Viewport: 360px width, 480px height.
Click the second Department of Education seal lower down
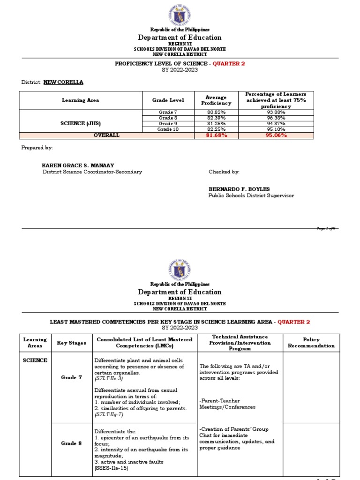coord(180,268)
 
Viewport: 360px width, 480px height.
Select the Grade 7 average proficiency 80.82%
coord(216,112)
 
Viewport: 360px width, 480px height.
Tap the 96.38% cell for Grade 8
coord(276,118)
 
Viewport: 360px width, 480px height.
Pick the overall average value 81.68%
coord(216,135)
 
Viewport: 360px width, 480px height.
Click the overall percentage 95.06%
coord(276,135)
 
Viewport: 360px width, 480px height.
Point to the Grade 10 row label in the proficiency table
coord(168,129)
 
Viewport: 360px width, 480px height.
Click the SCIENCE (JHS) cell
coord(80,123)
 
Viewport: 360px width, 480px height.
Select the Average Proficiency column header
coord(216,100)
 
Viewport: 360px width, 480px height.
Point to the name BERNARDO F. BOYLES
coord(239,189)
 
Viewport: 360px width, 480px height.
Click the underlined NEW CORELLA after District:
coord(63,82)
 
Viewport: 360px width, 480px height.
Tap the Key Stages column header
coord(71,343)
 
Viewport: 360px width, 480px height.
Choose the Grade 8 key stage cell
coord(71,443)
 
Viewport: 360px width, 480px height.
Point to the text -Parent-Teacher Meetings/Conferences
coord(228,404)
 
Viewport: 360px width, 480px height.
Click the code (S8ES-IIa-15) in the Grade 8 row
coord(111,468)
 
